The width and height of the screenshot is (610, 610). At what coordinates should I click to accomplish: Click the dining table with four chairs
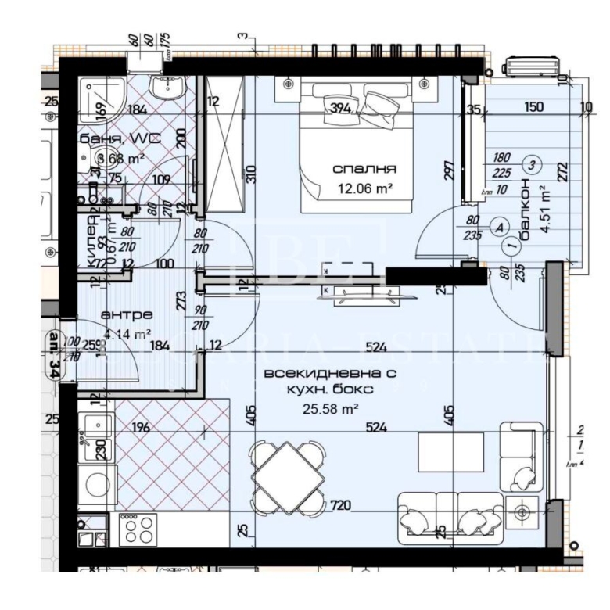(x=289, y=475)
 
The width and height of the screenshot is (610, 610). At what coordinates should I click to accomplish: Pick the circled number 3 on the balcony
(x=532, y=164)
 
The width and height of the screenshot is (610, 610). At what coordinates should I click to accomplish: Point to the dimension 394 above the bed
(x=339, y=107)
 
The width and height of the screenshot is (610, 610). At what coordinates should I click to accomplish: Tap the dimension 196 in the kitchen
(x=141, y=427)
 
